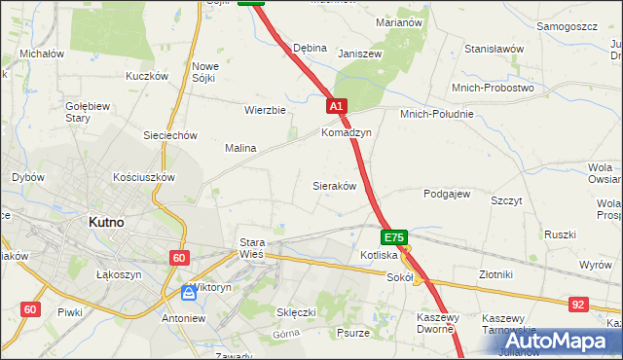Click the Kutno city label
[x=105, y=222]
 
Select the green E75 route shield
[x=394, y=237]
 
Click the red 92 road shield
[x=579, y=305]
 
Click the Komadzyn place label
[x=347, y=132]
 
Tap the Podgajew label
[x=447, y=194]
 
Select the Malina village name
[x=240, y=149]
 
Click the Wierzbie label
[x=265, y=110]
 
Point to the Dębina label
[x=310, y=48]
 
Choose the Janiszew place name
[x=357, y=54]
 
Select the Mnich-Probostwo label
[x=494, y=88]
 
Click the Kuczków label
[x=148, y=76]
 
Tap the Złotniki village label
[x=496, y=274]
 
